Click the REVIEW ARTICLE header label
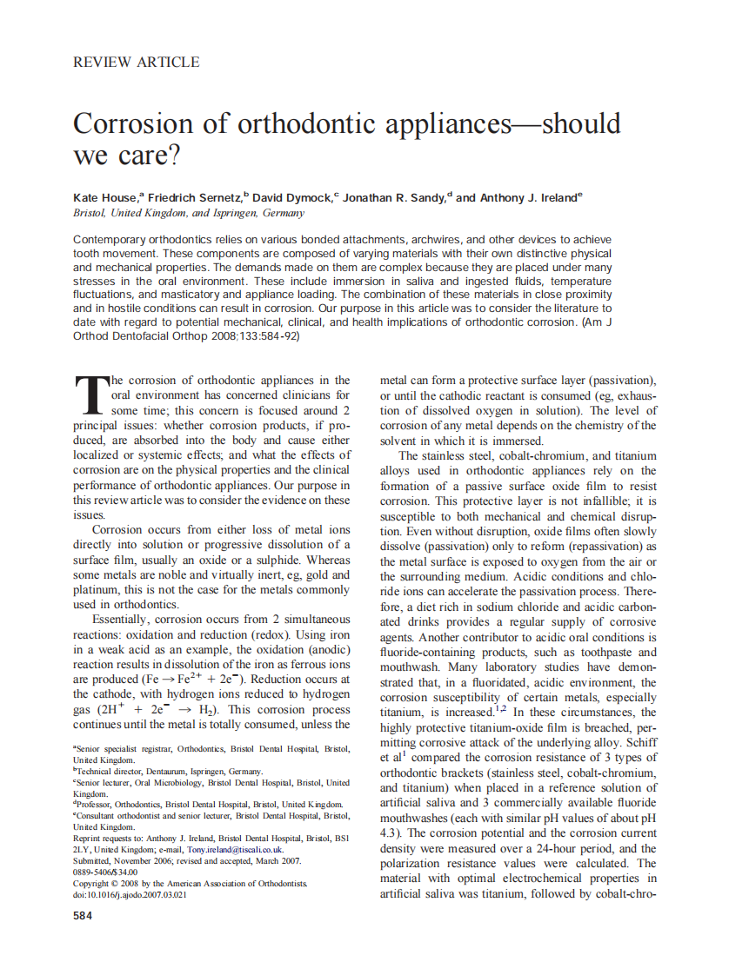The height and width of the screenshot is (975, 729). (137, 62)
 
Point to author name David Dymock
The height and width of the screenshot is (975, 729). (294, 197)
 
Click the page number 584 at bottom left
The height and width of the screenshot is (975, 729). (84, 916)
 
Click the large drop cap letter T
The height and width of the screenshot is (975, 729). (89, 396)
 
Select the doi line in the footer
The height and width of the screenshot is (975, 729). (130, 894)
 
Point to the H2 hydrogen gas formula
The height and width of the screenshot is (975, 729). (209, 710)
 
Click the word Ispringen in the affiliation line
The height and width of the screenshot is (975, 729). (233, 213)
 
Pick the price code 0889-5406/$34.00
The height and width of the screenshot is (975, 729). (105, 872)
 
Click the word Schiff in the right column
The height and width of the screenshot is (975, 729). (639, 743)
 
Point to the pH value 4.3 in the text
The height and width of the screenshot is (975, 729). (390, 833)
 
